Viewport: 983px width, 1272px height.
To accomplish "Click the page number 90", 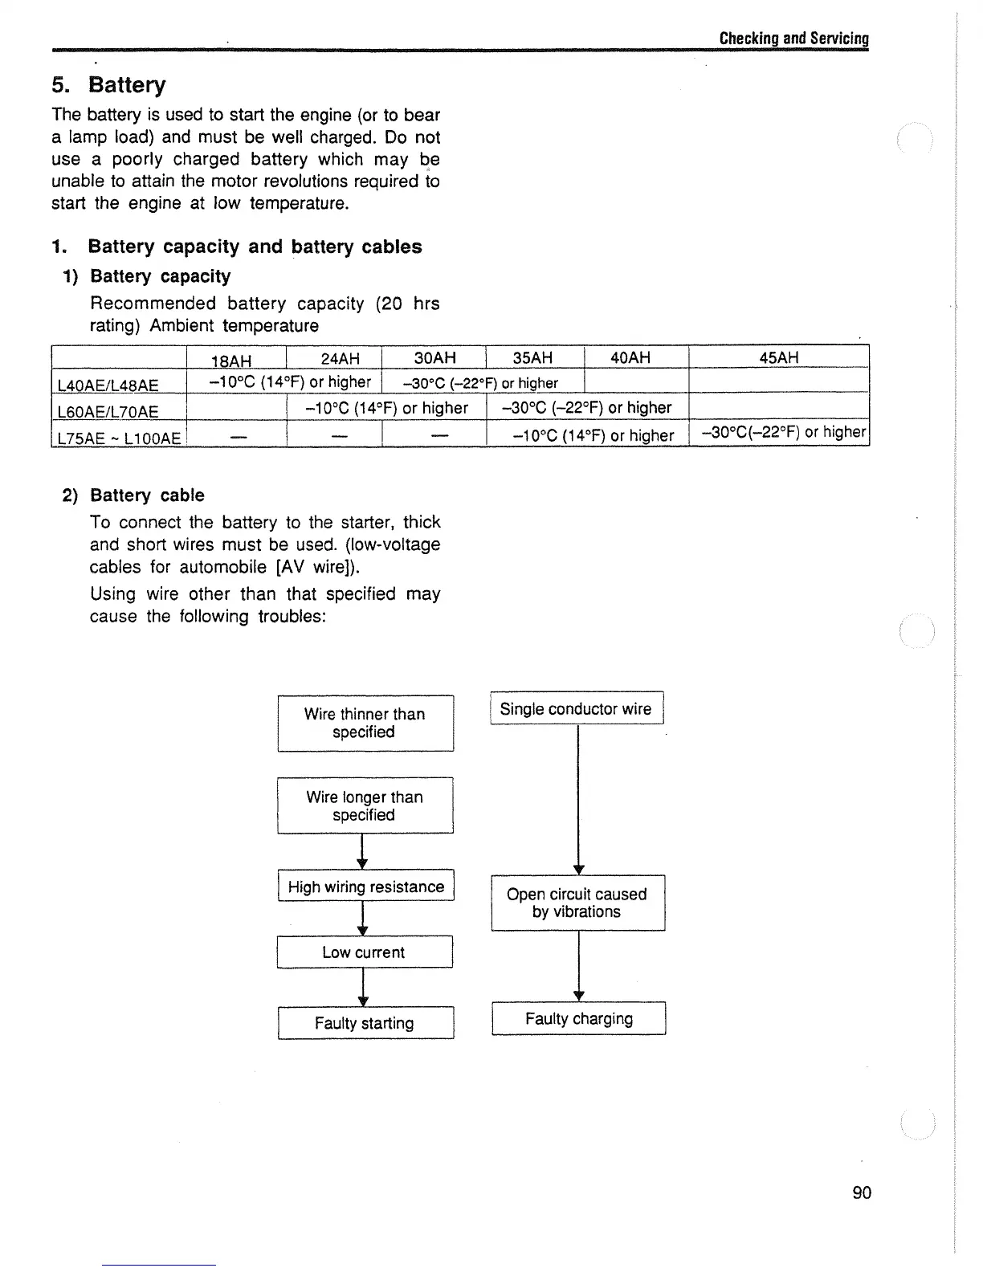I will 861,1192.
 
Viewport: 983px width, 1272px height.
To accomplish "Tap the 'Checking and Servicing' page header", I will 793,39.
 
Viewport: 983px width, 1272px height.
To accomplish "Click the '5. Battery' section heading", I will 108,85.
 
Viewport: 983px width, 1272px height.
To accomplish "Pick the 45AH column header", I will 778,357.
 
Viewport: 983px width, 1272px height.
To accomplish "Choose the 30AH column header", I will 434,357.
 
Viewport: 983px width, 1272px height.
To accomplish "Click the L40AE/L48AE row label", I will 108,385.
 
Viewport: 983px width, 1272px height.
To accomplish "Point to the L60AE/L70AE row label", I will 108,412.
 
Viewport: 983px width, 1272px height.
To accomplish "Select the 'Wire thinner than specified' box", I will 365,723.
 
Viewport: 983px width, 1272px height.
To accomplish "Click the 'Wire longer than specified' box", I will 365,805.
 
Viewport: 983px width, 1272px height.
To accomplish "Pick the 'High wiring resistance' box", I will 365,887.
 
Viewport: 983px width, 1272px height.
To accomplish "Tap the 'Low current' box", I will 364,952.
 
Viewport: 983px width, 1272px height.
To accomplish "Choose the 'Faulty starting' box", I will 365,1023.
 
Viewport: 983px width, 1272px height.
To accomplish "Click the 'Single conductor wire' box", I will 576,708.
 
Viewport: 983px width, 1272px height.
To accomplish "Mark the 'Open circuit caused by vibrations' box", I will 577,903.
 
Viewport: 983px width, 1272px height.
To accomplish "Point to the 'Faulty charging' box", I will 578,1019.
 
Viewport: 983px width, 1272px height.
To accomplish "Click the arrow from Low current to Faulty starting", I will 364,987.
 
